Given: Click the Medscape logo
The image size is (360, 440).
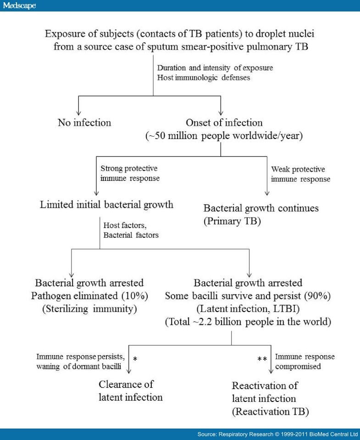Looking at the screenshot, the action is click(x=19, y=6).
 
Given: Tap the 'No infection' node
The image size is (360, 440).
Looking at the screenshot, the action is click(x=84, y=123).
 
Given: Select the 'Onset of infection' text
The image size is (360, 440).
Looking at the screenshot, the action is click(x=224, y=123).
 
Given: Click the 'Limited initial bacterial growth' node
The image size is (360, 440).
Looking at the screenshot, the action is click(x=106, y=205).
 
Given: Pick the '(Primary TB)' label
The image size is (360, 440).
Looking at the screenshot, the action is click(x=232, y=221).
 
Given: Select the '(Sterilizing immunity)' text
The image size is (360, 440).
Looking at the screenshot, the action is click(x=89, y=309).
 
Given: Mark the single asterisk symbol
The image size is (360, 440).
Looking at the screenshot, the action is click(x=135, y=359).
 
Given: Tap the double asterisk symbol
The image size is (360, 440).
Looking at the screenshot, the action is click(x=262, y=359).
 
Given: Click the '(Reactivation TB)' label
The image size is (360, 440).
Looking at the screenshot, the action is click(x=270, y=412).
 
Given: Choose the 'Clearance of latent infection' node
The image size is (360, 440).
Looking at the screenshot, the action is click(x=130, y=390).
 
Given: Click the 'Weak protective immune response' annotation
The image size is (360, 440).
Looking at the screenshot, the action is click(x=300, y=174).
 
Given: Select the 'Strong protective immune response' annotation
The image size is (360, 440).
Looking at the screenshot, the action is click(x=130, y=173).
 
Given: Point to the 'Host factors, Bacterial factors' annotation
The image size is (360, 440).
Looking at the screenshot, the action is click(x=131, y=230).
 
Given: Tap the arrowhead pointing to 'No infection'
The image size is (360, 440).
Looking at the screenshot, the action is click(x=78, y=113).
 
